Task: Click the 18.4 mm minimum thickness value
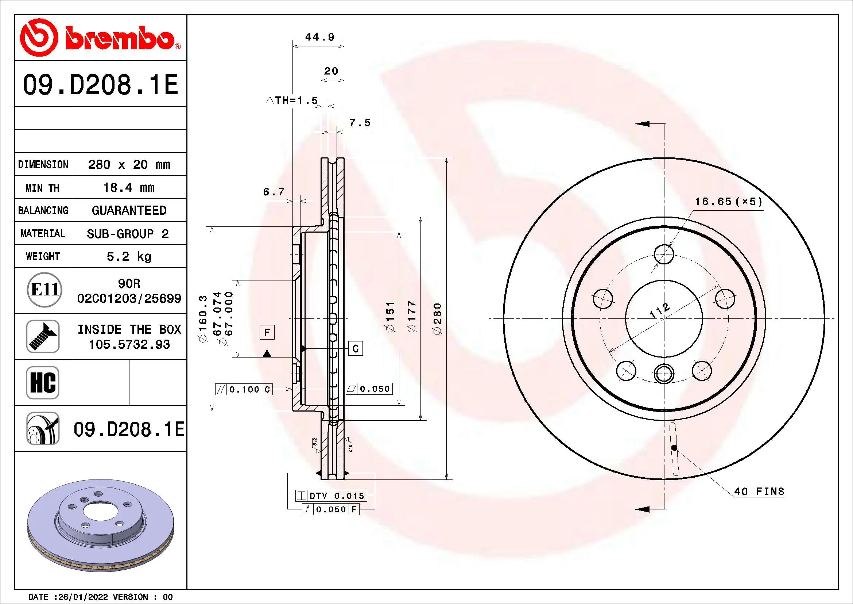(128, 187)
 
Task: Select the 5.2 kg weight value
(128, 256)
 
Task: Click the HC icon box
(43, 382)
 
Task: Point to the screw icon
(43, 336)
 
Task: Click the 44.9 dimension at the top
(319, 37)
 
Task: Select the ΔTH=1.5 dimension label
(292, 100)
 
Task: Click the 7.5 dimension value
(360, 123)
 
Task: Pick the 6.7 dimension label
(274, 192)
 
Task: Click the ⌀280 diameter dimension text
(438, 318)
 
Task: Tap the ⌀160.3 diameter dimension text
(203, 318)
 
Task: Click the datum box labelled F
(267, 332)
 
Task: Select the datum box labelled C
(355, 348)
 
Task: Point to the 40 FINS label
(759, 492)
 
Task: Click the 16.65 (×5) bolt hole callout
(728, 202)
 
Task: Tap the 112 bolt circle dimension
(659, 310)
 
